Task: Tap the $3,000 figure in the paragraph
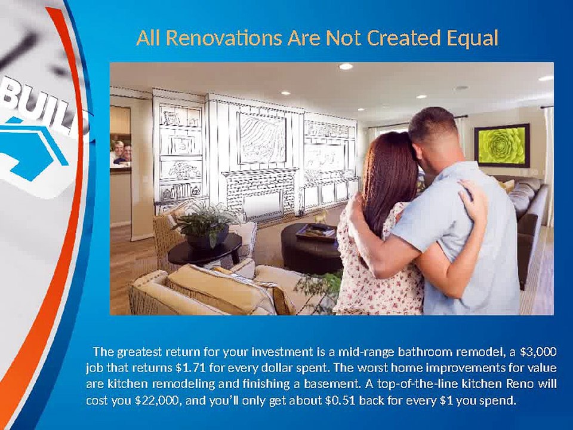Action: pos(538,352)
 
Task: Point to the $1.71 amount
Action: pos(190,367)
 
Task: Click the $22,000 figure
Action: pos(158,401)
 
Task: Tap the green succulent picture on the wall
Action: pos(502,145)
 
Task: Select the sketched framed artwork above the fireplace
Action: pos(262,137)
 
